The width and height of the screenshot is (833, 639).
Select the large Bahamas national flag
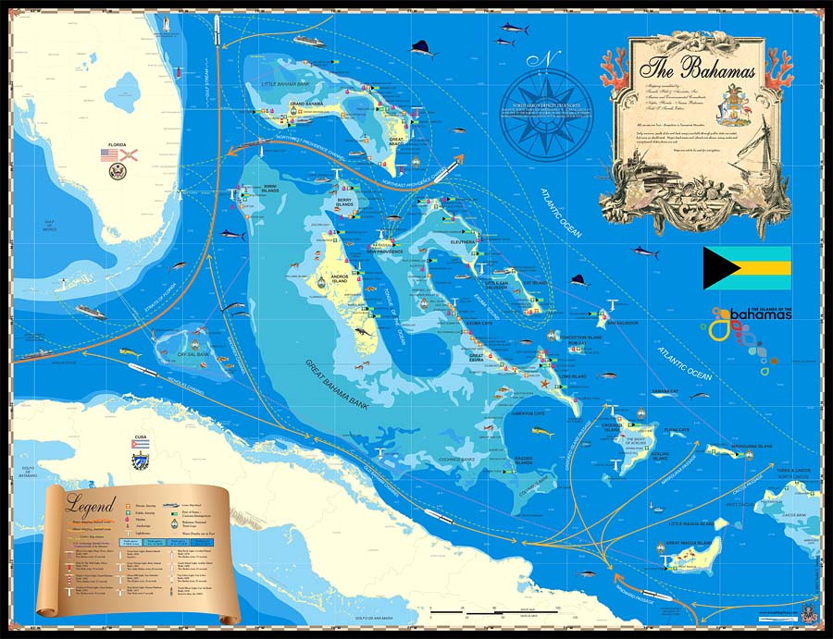(746, 268)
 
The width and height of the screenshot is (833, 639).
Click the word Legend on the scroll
(91, 505)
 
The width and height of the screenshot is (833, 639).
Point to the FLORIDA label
(118, 145)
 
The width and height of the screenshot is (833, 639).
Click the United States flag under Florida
(109, 155)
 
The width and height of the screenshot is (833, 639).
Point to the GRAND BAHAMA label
(306, 104)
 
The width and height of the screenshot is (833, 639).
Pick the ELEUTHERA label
(463, 241)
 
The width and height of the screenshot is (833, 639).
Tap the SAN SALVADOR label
(620, 324)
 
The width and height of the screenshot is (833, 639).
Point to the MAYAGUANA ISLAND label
(752, 445)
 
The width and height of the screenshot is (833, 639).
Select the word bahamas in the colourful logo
(760, 315)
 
